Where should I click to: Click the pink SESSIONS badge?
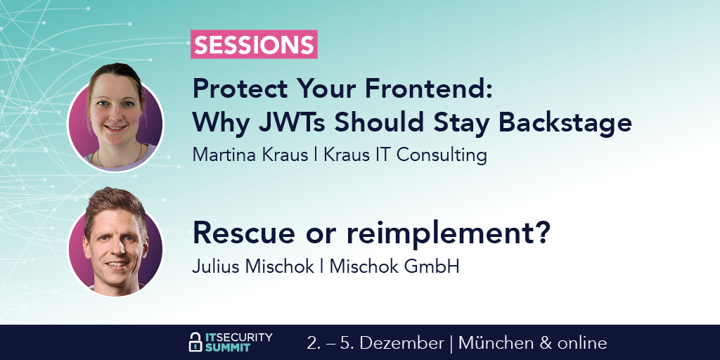pyautogui.click(x=254, y=44)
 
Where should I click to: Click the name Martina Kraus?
pyautogui.click(x=250, y=155)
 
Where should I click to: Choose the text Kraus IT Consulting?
pyautogui.click(x=405, y=155)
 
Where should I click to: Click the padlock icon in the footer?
pyautogui.click(x=195, y=342)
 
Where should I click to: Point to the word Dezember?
pyautogui.click(x=401, y=343)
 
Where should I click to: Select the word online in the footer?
pyautogui.click(x=581, y=343)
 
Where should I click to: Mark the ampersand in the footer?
pyautogui.click(x=546, y=343)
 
